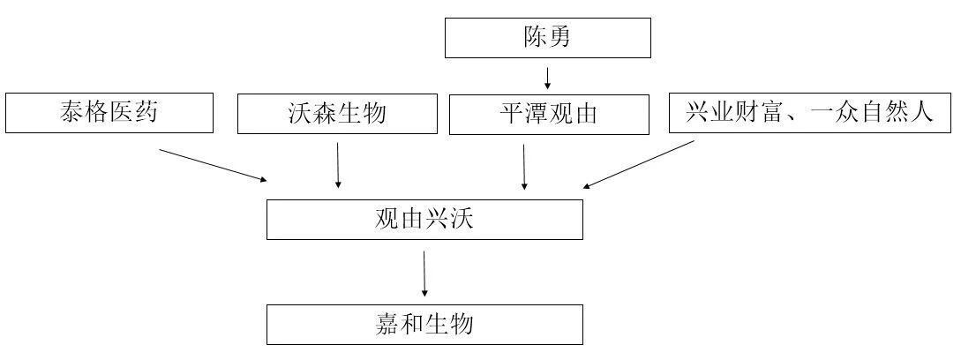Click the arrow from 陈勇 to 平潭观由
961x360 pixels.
[x=547, y=77]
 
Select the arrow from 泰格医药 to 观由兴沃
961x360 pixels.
[x=214, y=165]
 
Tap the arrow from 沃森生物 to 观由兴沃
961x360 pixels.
[x=338, y=166]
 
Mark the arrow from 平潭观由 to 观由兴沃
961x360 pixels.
[x=523, y=167]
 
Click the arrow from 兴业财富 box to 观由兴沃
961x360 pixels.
[x=639, y=164]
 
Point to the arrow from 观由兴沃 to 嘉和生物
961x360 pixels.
[x=424, y=274]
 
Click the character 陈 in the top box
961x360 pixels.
[x=534, y=37]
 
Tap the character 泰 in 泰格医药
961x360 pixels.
[x=71, y=112]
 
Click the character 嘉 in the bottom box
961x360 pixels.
[x=387, y=325]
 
